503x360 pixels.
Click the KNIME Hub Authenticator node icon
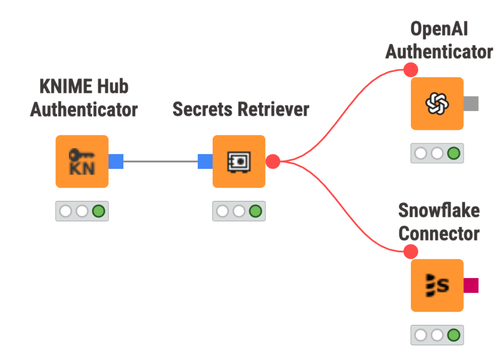pos(82,162)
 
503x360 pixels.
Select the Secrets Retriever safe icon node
pos(239,162)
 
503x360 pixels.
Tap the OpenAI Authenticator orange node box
pos(437,104)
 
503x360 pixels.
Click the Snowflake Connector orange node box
pos(437,286)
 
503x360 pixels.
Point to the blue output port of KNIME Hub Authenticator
pos(116,162)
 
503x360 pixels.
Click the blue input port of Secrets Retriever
pos(205,162)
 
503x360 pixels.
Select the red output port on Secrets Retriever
pos(273,161)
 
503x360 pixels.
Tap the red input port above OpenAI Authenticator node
pos(410,69)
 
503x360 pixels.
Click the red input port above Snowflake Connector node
pos(410,251)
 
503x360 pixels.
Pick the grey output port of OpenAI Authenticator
pos(471,104)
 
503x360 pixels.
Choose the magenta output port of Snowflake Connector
pos(471,286)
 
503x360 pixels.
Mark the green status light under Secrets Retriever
pos(255,211)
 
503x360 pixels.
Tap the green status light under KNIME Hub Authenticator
pos(98,211)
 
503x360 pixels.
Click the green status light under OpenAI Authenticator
pos(454,153)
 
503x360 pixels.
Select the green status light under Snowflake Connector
pos(454,335)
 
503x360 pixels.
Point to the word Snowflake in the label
pos(439,211)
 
